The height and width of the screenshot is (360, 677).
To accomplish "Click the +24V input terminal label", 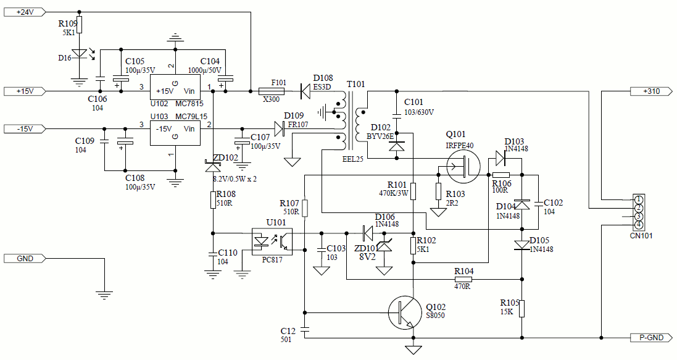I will (x=24, y=12).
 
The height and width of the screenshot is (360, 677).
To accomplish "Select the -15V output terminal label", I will (x=24, y=128).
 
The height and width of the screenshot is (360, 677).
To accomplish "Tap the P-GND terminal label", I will (x=650, y=338).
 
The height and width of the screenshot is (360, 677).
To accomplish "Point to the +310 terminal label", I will (x=650, y=91).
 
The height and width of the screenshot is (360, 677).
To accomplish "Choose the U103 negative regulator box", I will (x=176, y=133).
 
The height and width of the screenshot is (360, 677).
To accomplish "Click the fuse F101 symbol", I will (x=279, y=91).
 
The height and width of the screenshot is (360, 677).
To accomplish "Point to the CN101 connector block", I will (x=639, y=212).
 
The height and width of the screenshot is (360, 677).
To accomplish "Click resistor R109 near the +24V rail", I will (x=79, y=25).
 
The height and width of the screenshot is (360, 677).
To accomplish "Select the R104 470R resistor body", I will (x=463, y=279).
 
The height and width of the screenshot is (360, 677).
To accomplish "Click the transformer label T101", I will (x=356, y=84).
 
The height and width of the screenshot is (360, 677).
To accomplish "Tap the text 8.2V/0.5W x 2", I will (x=235, y=179).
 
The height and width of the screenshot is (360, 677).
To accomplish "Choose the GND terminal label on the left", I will (x=24, y=258).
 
